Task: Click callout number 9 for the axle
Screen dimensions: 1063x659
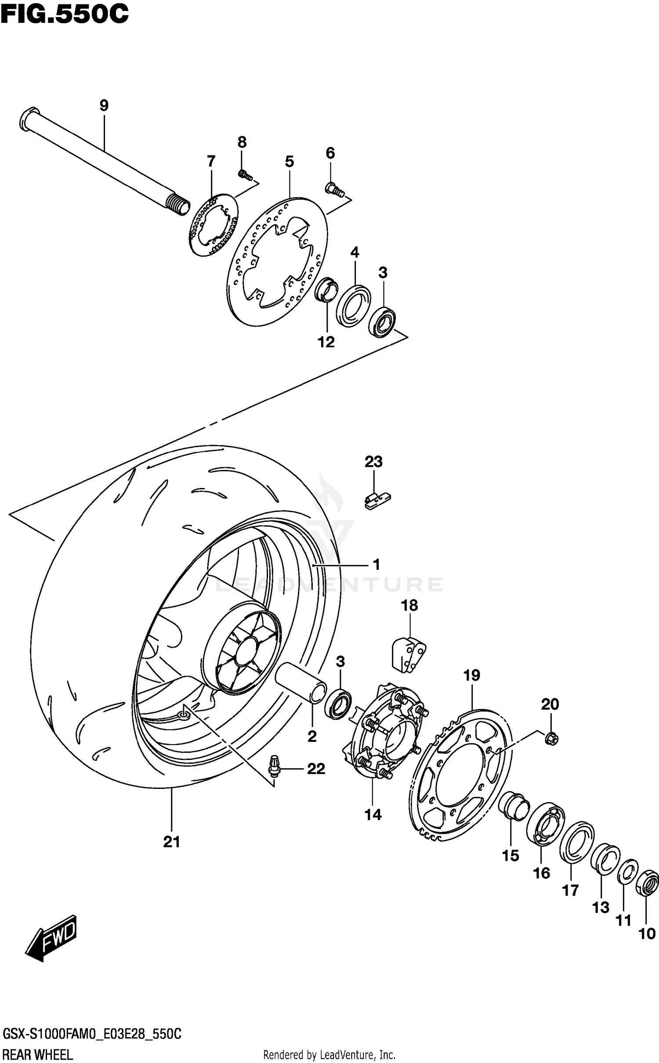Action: click(x=104, y=106)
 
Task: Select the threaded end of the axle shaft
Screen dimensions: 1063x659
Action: click(x=179, y=205)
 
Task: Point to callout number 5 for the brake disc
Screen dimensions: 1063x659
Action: click(x=289, y=162)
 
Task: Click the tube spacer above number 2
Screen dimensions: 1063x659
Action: click(x=301, y=687)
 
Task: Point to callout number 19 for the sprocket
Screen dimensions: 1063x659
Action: click(x=472, y=675)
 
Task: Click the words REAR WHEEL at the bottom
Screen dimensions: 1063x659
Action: click(x=38, y=1054)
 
